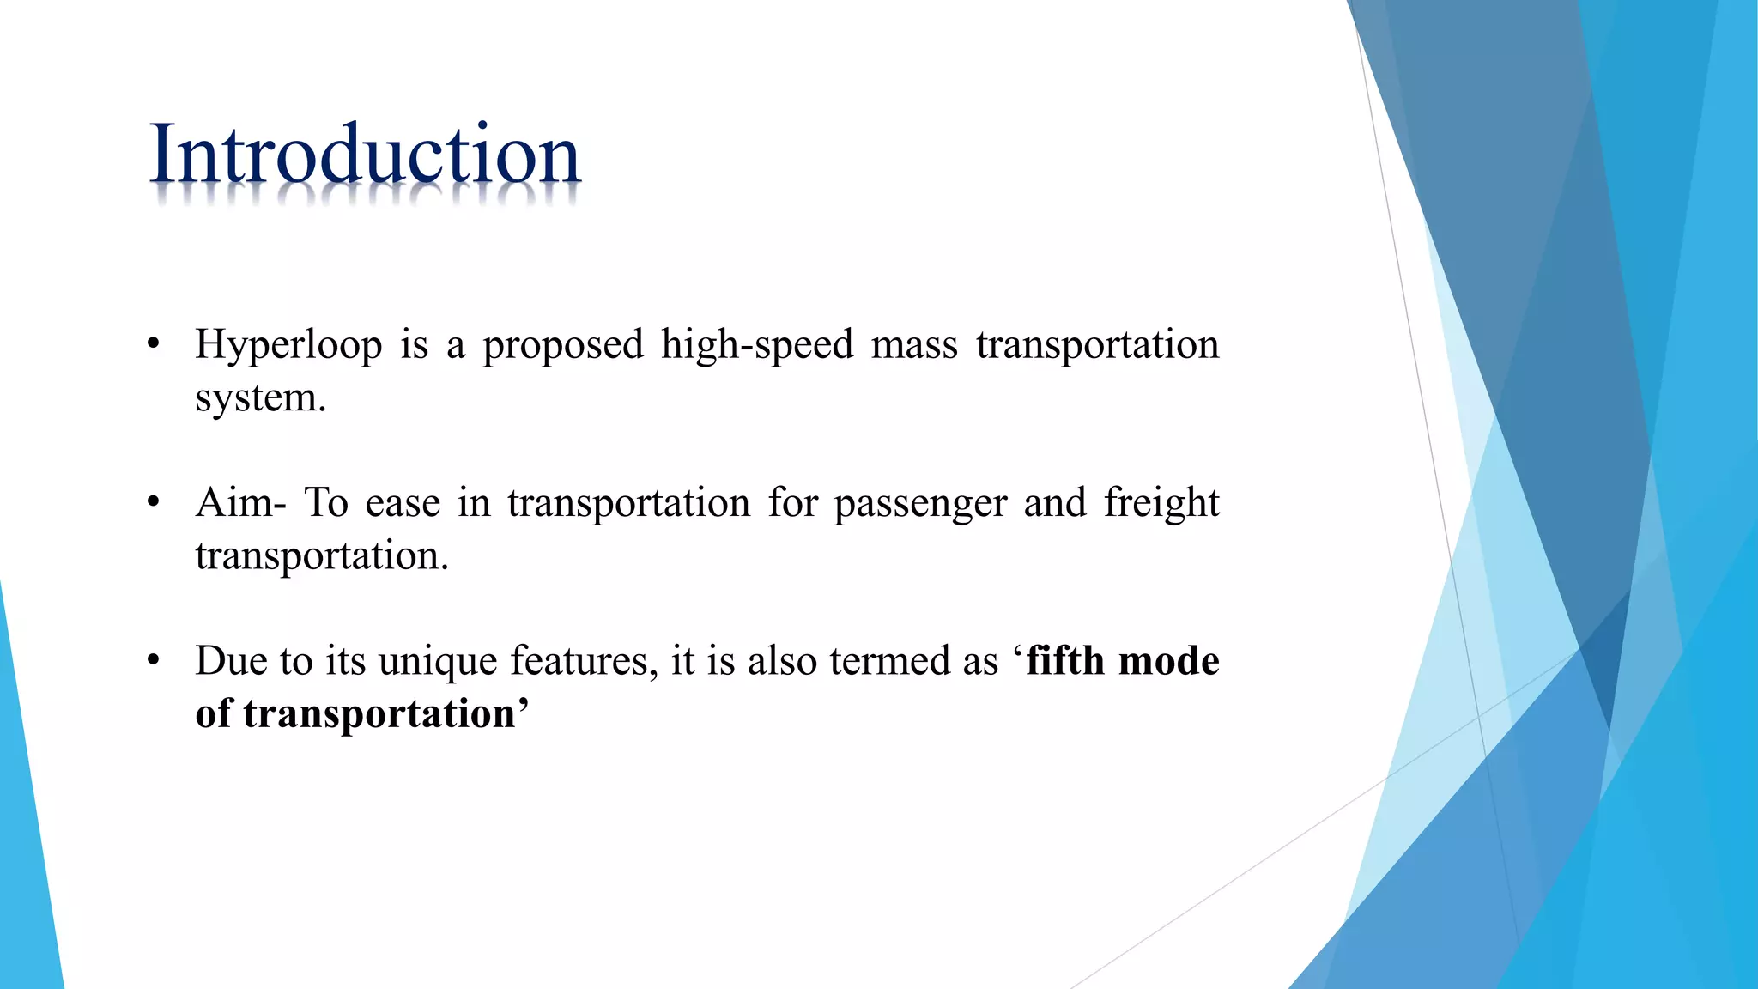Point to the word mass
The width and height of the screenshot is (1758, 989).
coord(914,345)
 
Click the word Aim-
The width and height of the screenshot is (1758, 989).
coord(241,502)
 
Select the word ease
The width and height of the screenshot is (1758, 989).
coord(403,504)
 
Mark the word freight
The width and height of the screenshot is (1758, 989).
coord(1161,504)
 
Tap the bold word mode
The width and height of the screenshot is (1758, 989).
coord(1169,661)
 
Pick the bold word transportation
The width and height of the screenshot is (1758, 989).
coord(379,714)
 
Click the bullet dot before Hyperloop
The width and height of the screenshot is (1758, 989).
coord(154,345)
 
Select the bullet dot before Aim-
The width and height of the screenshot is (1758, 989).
coord(154,502)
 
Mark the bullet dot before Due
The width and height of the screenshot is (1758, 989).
coord(154,661)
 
